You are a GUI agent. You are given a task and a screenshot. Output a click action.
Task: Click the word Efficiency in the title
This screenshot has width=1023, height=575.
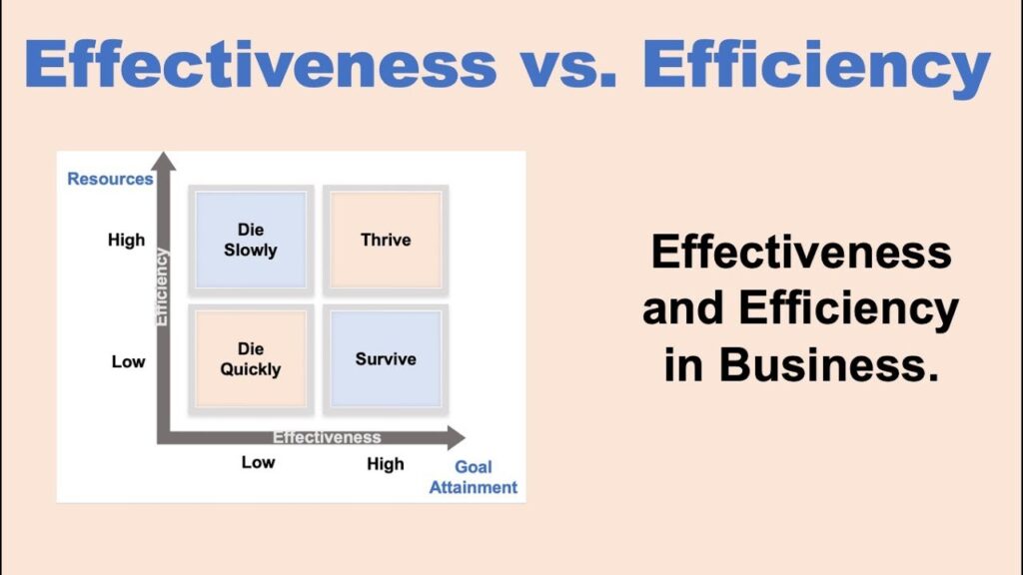click(x=816, y=66)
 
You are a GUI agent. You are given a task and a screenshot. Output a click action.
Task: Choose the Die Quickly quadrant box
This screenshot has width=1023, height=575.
click(x=251, y=359)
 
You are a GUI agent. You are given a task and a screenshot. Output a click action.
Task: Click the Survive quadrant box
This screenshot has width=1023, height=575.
click(x=386, y=359)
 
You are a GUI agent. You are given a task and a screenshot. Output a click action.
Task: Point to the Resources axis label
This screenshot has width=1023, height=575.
click(x=110, y=180)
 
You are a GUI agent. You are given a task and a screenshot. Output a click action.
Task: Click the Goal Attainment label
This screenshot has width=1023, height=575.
click(x=474, y=477)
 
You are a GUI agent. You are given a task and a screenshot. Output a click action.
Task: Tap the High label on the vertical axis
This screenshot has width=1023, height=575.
click(x=126, y=240)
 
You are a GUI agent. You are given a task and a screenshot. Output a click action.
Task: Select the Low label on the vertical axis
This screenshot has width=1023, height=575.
click(x=128, y=361)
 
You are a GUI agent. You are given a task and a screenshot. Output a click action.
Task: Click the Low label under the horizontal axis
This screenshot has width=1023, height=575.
click(x=258, y=463)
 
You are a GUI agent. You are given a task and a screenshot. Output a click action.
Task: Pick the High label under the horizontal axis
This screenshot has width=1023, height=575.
click(x=386, y=463)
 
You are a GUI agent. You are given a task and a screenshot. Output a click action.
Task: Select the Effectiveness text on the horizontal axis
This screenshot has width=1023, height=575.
click(x=327, y=437)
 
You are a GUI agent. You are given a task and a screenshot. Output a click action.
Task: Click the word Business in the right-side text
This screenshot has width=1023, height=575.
click(x=828, y=366)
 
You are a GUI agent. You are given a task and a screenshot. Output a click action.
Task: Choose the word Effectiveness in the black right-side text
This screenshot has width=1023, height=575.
click(x=801, y=253)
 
